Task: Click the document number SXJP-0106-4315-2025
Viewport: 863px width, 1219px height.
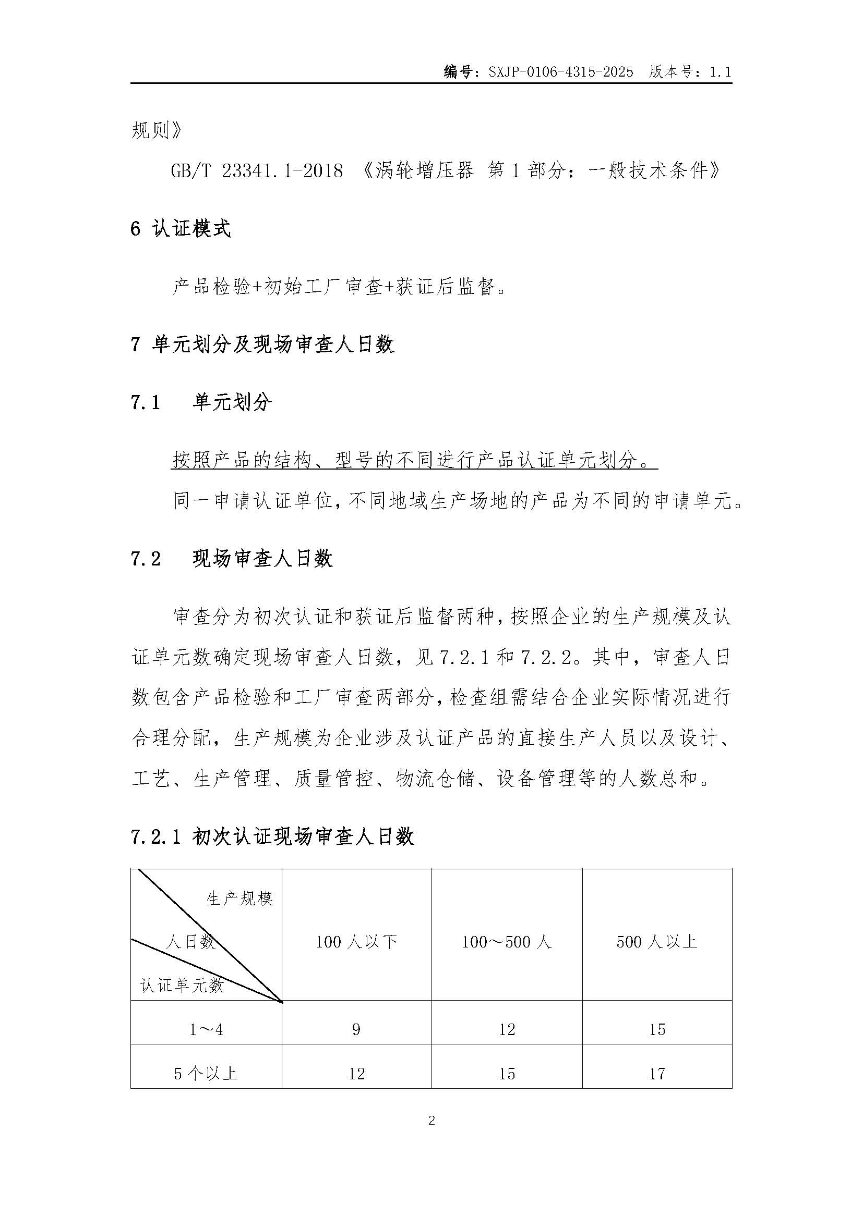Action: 560,72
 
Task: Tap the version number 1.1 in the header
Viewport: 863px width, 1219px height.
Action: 721,72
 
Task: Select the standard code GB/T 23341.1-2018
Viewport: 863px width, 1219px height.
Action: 257,171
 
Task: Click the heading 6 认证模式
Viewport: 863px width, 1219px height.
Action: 181,229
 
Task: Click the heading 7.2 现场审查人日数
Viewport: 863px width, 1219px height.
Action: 232,559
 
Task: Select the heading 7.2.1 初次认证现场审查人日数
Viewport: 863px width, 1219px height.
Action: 272,838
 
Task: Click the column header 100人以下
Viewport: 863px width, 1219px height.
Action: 356,942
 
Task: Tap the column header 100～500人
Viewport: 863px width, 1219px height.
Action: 507,942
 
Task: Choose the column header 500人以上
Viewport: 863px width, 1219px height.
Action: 657,942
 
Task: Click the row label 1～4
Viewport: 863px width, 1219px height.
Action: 206,1030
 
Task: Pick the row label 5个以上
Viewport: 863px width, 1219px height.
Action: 206,1074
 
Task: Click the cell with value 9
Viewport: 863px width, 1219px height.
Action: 356,1030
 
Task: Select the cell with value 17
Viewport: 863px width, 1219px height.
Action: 657,1074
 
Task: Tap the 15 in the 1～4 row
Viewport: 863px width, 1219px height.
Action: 657,1030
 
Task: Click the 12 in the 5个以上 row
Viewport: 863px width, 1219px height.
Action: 356,1074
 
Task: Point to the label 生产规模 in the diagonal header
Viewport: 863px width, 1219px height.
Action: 239,899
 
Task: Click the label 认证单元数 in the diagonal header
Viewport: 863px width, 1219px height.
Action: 182,986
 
